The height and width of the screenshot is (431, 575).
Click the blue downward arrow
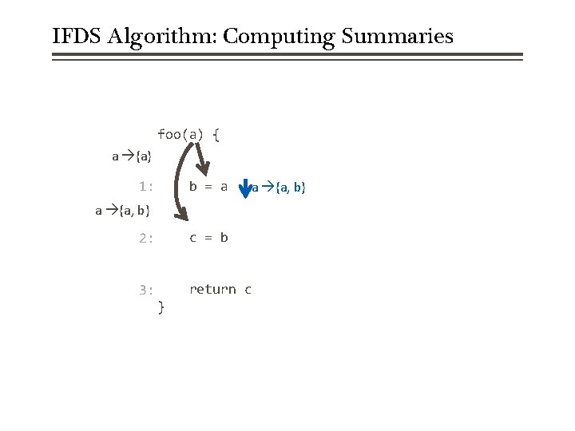[246, 188]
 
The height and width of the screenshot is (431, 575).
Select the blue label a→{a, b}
[279, 188]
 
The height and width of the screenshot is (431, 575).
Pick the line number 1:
[145, 187]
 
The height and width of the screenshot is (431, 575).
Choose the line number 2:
[145, 238]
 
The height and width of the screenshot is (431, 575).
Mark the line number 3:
[145, 290]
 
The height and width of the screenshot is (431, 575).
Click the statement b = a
[208, 187]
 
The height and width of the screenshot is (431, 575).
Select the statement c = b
[208, 238]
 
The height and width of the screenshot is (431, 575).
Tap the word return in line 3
[212, 290]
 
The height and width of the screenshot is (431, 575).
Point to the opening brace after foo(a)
[216, 134]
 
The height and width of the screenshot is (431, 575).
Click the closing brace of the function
[161, 306]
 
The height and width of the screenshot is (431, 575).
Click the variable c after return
[248, 290]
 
